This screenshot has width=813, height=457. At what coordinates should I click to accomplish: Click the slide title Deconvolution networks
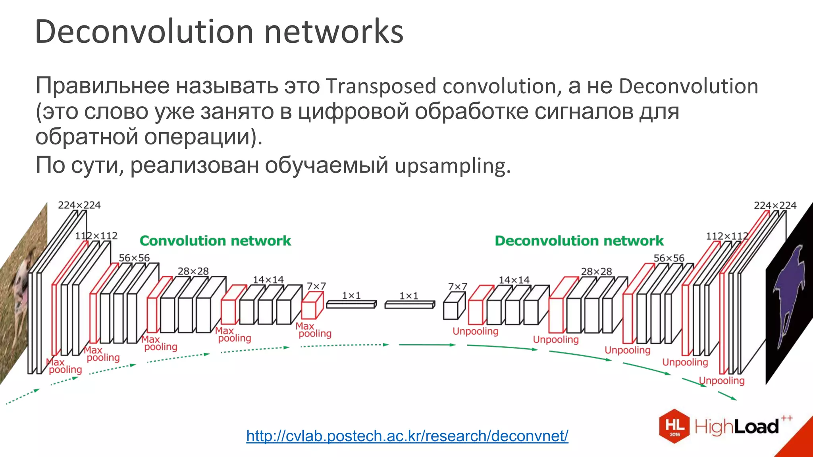pos(219,32)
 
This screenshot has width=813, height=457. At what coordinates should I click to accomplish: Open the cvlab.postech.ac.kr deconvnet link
pos(407,436)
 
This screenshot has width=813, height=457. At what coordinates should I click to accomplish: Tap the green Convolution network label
pos(215,241)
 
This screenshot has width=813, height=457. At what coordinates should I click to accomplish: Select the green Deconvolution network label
pos(579,241)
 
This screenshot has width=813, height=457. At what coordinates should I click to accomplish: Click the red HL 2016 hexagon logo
pos(674,426)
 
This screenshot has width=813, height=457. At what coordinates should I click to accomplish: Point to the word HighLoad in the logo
pos(736,427)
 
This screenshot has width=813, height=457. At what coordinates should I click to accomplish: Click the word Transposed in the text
pos(381,86)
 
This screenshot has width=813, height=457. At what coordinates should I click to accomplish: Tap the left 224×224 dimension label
pos(79,205)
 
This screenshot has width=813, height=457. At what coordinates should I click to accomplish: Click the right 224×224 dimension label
pos(775,205)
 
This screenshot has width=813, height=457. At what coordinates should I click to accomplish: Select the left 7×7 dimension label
pos(316,286)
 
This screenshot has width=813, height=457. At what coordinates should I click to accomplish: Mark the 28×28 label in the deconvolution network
pos(596,271)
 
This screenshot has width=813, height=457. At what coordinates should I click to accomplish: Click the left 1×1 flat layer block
pos(351,304)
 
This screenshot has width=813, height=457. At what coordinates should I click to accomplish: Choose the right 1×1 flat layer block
pos(409,304)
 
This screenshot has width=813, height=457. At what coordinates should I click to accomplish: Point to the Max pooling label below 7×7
pos(313,330)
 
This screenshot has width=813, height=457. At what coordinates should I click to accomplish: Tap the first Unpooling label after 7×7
pos(475,331)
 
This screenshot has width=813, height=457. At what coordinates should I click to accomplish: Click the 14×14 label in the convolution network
pos(268,280)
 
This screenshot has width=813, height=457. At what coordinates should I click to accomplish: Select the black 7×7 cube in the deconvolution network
pos(454,306)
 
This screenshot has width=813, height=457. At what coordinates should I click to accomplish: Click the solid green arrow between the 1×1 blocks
pos(427,345)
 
